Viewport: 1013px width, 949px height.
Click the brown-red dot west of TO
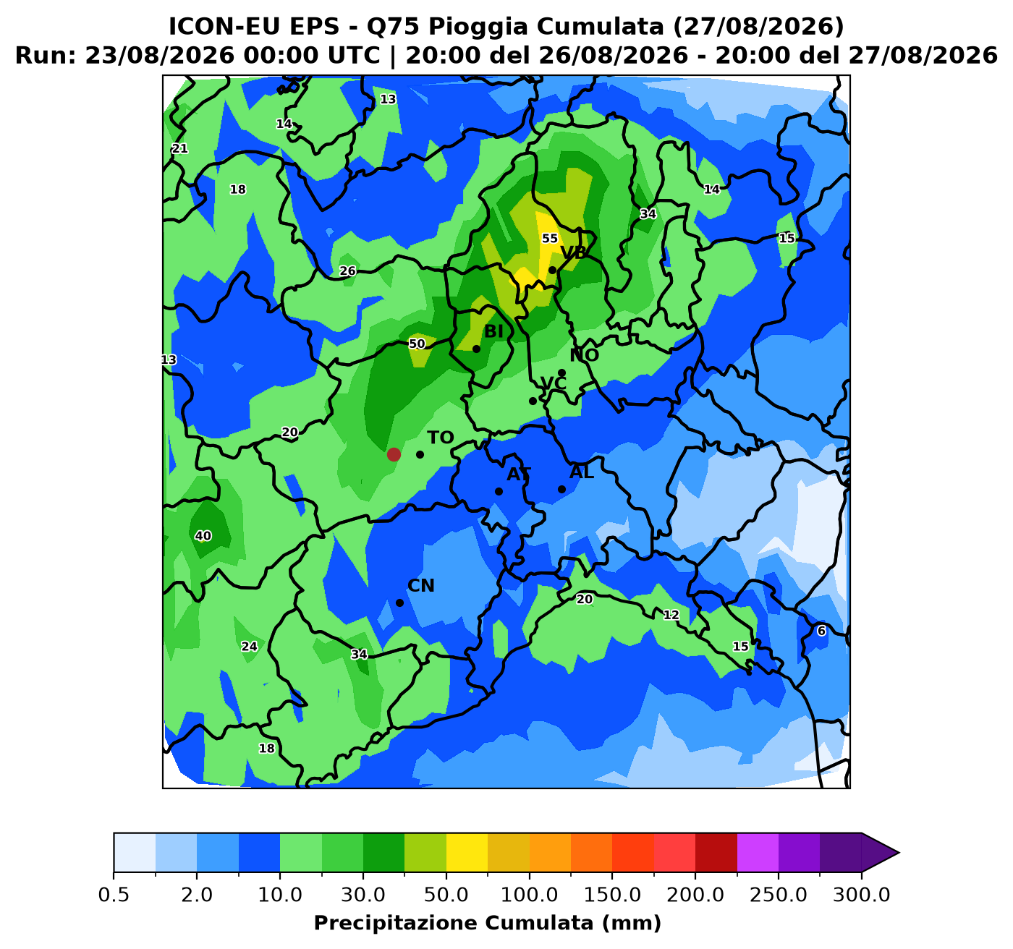(x=394, y=454)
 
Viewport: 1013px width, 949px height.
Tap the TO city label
(x=440, y=438)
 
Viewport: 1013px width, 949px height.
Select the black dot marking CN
(x=400, y=603)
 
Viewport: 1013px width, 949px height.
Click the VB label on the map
(x=574, y=252)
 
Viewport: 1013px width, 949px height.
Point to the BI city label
(x=493, y=331)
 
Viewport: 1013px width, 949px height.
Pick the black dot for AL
(x=561, y=489)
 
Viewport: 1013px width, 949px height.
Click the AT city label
(x=519, y=474)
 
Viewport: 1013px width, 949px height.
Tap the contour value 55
(x=549, y=238)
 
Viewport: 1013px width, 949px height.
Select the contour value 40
(x=203, y=535)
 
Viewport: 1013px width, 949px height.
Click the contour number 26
(x=347, y=271)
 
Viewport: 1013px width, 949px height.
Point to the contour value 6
(x=821, y=631)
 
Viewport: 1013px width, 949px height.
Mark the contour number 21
(x=179, y=148)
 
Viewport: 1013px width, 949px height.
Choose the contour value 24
(x=249, y=646)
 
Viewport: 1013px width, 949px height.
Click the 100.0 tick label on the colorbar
(x=529, y=895)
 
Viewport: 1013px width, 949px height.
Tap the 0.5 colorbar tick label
(x=113, y=895)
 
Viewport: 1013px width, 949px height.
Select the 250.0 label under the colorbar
(x=779, y=895)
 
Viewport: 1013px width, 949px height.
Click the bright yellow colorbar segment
(x=467, y=853)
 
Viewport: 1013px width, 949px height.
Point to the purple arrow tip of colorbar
(x=899, y=853)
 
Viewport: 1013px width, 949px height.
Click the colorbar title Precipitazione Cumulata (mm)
(x=488, y=923)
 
